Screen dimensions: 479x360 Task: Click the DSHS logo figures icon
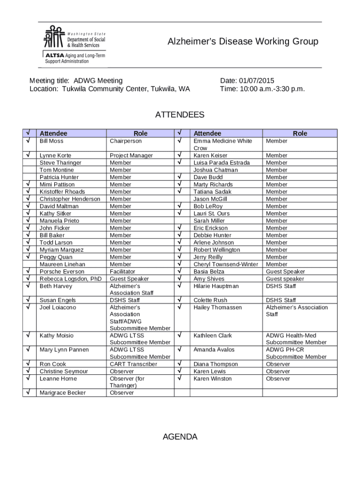tap(53, 36)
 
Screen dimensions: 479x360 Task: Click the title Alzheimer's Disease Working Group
tap(243, 42)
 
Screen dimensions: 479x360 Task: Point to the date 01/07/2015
tap(257, 81)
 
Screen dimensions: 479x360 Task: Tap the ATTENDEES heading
tap(180, 115)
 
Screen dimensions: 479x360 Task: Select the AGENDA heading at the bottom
tap(180, 437)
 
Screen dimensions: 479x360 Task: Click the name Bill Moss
tap(51, 141)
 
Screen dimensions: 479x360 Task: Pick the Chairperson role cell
tap(125, 141)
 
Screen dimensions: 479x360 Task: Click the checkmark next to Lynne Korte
tap(29, 155)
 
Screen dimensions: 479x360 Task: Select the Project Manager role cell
tap(131, 155)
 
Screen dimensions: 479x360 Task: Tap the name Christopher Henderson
tap(70, 199)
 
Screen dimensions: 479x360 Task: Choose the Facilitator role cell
tap(122, 271)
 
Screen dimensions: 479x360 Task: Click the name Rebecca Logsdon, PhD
tap(70, 279)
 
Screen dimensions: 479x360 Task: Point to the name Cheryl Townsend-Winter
tap(225, 264)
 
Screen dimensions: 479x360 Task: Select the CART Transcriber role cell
tap(133, 364)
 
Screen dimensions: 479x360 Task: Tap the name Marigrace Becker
tap(63, 393)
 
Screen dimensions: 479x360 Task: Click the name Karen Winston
tap(212, 378)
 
